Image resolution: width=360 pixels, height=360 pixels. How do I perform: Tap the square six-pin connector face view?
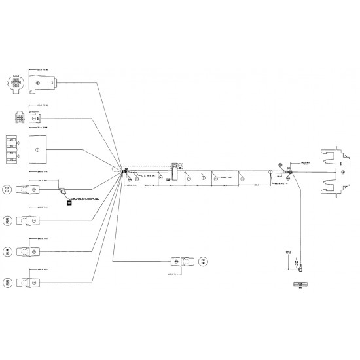click(14, 118)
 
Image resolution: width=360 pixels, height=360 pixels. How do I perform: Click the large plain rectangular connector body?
click(43, 149)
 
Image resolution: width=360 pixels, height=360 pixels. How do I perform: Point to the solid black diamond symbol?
click(69, 202)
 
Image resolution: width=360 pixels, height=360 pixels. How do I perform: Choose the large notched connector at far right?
click(334, 172)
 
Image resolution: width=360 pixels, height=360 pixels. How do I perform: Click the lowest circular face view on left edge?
click(7, 283)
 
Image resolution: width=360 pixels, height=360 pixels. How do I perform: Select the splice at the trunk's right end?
click(286, 173)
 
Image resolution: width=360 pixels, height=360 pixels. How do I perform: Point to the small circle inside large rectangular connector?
click(37, 149)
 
